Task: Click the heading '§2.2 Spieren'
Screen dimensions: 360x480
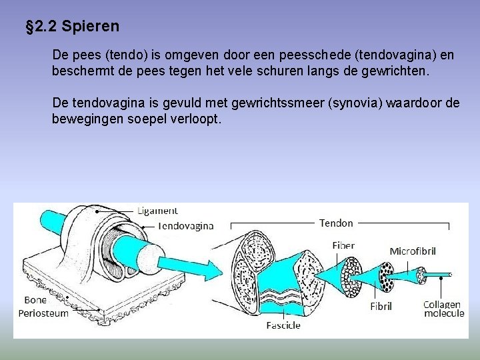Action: (72, 27)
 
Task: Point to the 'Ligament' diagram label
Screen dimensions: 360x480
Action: (158, 211)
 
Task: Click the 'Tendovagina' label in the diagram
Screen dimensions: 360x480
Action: (186, 225)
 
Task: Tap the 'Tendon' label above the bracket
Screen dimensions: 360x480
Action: (337, 223)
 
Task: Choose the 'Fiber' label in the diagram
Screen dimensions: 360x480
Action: (343, 245)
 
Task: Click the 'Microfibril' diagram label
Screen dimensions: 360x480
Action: (413, 251)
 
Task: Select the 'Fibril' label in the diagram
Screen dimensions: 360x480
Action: (381, 307)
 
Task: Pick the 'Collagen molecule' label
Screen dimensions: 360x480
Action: (443, 309)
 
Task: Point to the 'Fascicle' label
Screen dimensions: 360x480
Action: (283, 325)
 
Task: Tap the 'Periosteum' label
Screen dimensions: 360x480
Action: (43, 313)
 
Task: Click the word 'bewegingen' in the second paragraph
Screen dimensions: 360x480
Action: (85, 119)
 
